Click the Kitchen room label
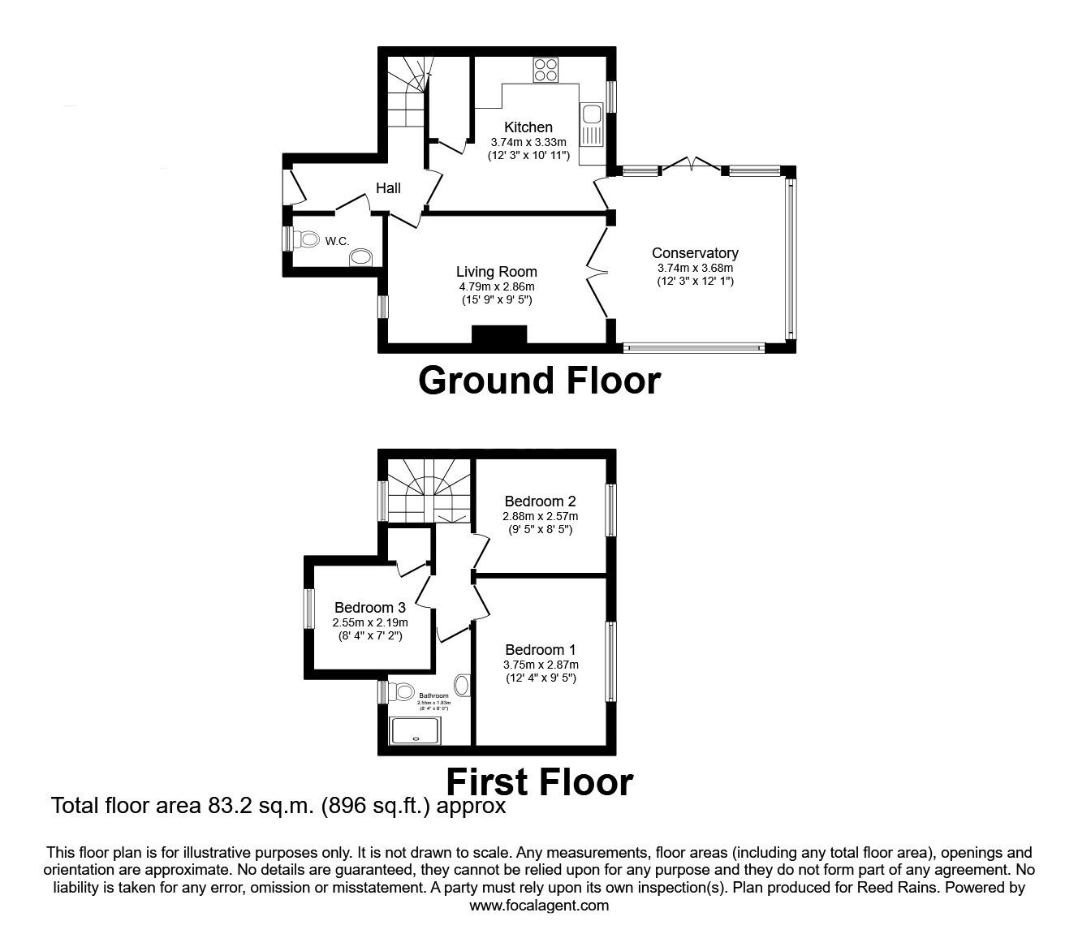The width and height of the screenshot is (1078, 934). (x=528, y=127)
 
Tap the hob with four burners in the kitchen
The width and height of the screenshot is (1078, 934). (x=545, y=71)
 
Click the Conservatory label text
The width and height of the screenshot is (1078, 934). (x=695, y=253)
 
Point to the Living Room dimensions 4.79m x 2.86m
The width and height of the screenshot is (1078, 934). (x=496, y=286)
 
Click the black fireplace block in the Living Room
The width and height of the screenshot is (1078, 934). (x=499, y=336)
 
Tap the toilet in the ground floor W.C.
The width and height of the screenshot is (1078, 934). (x=307, y=240)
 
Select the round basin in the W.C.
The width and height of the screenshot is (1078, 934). (x=360, y=258)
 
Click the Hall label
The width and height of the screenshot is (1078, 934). (x=388, y=188)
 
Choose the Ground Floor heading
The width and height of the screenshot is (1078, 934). (x=539, y=381)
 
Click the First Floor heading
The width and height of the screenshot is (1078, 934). (x=539, y=782)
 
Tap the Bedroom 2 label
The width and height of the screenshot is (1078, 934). (x=540, y=501)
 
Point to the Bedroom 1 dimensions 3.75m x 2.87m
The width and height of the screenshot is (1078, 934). (x=540, y=664)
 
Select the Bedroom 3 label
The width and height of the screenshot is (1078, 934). (x=369, y=608)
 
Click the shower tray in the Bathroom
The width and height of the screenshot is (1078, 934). (x=420, y=731)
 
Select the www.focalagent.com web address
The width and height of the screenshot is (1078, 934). (x=539, y=906)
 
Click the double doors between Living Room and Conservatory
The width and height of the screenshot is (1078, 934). (x=599, y=273)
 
